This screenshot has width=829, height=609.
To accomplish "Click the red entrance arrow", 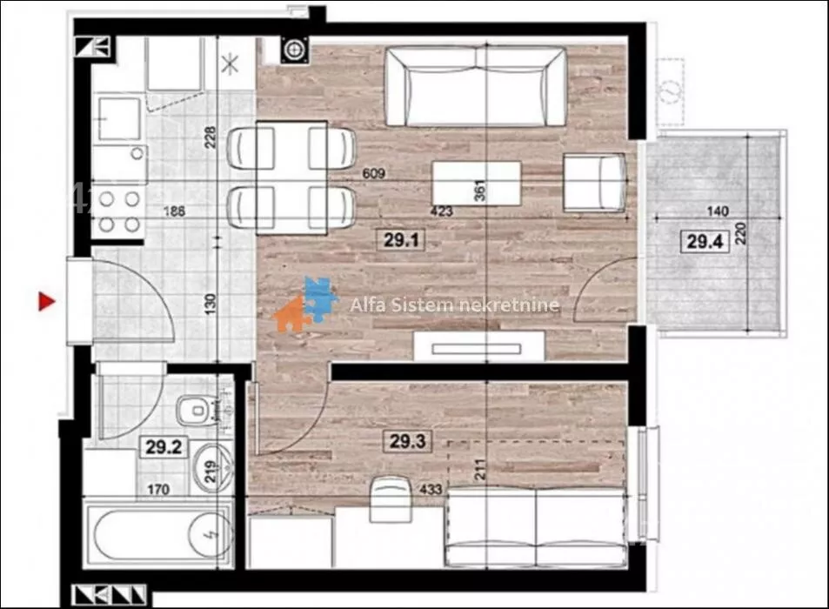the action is (x=46, y=302).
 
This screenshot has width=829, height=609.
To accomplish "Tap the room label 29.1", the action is (x=401, y=240).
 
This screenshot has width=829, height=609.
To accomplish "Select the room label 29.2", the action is (x=164, y=447).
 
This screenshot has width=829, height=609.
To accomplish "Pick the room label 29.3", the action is (x=407, y=441).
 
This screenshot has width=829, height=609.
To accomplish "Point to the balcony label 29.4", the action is (x=705, y=242).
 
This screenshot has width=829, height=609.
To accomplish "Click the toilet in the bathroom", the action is (x=197, y=410).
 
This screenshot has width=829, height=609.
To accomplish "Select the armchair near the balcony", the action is (x=595, y=183).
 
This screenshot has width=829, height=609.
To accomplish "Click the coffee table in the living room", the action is (x=477, y=184).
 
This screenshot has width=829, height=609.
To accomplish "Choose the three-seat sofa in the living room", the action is (x=476, y=86).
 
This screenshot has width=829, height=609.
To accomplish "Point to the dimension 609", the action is (x=373, y=173).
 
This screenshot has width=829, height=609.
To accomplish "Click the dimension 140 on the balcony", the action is (x=718, y=211).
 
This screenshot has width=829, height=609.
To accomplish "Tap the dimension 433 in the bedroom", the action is (x=431, y=489).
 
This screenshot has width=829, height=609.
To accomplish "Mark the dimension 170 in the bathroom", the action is (x=158, y=490).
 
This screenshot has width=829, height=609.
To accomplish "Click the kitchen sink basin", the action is (x=119, y=118).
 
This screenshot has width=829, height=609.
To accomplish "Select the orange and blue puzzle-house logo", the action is (x=305, y=304).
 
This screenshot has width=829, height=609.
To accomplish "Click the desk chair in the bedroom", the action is (x=391, y=499).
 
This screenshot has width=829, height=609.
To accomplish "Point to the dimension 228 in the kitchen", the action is (x=211, y=137).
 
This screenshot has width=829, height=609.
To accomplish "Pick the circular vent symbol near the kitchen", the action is (x=294, y=50).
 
